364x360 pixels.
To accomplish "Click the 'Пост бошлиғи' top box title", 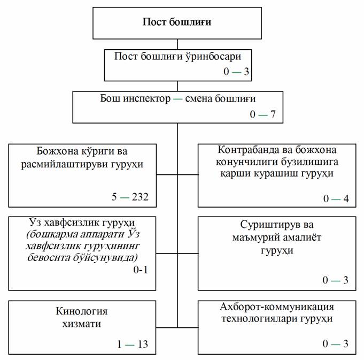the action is coord(177,22).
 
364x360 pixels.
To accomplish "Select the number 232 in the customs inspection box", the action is coord(140,197).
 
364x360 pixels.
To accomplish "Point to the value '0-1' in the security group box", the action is coord(141,270).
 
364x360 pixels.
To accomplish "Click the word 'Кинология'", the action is coord(81,311).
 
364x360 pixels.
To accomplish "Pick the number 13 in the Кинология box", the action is coord(143,344).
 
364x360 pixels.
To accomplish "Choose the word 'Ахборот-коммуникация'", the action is coord(277,307).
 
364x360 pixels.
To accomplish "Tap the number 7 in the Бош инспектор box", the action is coord(273,114).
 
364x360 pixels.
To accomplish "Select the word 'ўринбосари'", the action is coord(213,57).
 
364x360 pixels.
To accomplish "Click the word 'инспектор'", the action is coord(146,99).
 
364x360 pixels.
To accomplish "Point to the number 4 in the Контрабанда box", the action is coord(346,198).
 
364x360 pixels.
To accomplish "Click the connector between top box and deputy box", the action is coord(177,44).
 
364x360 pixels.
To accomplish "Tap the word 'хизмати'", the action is coord(81,324).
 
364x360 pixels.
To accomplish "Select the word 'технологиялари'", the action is coord(259,318).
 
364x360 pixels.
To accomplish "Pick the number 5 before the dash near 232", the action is coord(114,197).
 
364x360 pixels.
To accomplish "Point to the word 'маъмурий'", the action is coord(256,238).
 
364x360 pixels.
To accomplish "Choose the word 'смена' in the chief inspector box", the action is coord(198,99).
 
